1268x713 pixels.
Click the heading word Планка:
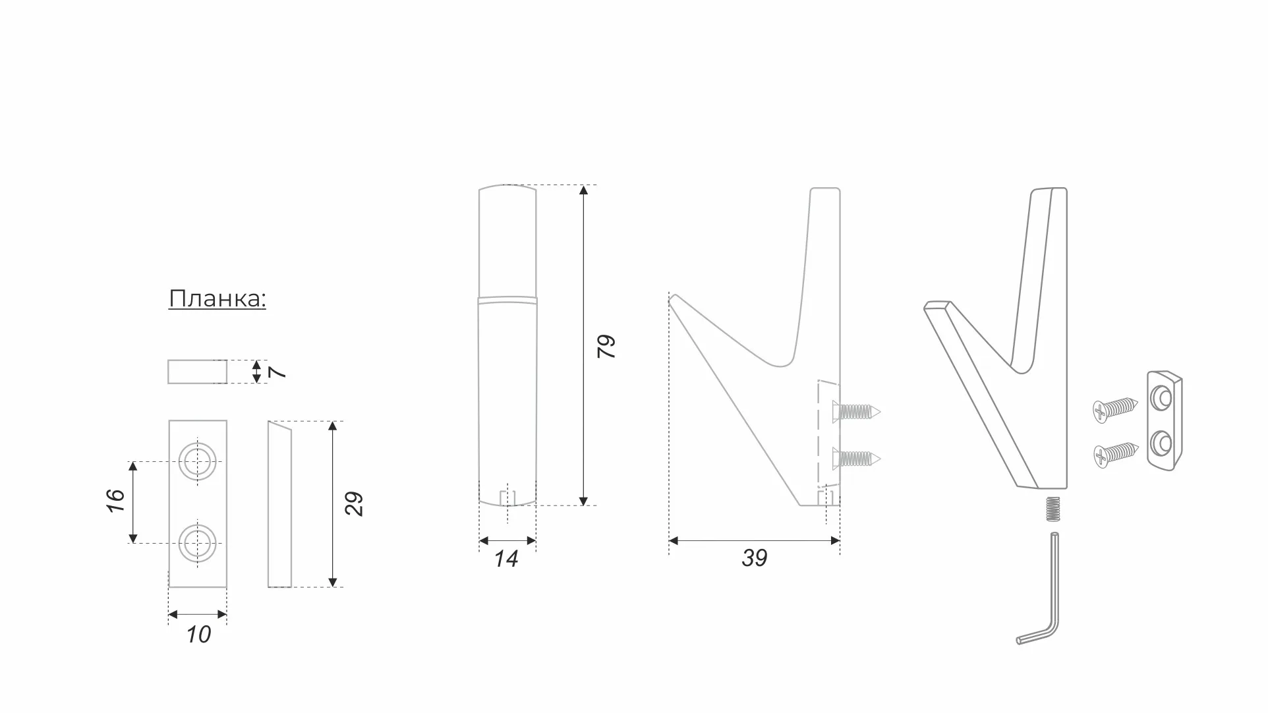point(217,299)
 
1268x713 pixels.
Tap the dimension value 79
point(606,346)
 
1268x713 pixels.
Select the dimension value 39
point(755,558)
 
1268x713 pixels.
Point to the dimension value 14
point(506,559)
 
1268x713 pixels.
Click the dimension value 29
point(354,503)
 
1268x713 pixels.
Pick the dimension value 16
point(115,501)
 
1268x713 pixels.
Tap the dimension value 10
point(198,635)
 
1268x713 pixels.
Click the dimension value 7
point(278,372)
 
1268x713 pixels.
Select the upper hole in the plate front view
point(197,461)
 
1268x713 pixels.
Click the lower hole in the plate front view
point(197,543)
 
